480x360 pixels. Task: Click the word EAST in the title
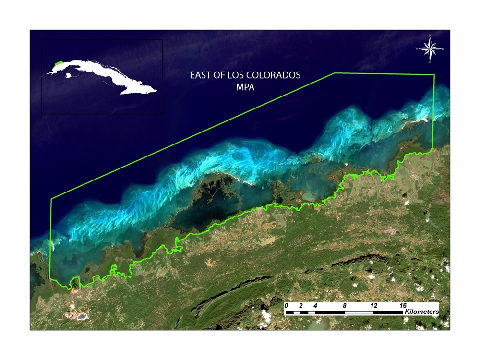pos(201,75)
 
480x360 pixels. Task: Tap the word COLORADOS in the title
pos(277,75)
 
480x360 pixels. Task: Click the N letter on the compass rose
pos(430,36)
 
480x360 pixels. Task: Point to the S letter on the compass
pos(430,62)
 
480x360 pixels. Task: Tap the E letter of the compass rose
pos(443,49)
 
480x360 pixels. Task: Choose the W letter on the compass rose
pos(417,49)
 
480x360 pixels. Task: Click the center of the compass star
pos(430,48)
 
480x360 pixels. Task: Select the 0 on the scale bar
pos(286,305)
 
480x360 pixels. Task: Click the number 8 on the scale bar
pos(345,305)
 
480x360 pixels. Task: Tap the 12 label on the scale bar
pos(373,305)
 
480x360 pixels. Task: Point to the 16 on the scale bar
pos(403,305)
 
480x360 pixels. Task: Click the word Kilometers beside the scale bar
pos(422,312)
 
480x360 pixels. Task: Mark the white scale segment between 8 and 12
pos(359,312)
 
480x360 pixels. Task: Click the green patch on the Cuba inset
pos(59,63)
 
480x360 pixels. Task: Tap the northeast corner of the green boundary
pos(434,75)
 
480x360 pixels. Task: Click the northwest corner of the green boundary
pos(51,198)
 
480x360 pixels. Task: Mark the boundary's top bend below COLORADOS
pos(334,73)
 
